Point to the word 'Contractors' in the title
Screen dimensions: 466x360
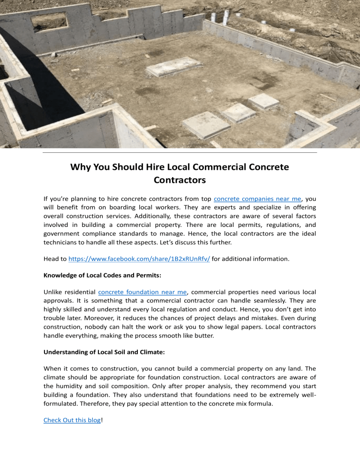pos(180,179)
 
